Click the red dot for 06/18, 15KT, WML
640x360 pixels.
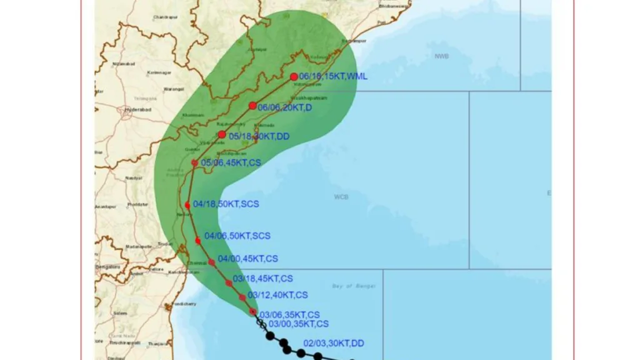point(294,77)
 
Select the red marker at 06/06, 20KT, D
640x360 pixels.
point(252,106)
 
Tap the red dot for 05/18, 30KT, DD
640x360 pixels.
point(222,134)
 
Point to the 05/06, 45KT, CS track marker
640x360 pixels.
point(194,163)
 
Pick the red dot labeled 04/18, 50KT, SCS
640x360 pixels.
point(187,205)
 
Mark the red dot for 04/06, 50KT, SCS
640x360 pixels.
point(197,241)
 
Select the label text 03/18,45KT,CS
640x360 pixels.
point(262,278)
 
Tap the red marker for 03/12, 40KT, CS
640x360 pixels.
point(242,297)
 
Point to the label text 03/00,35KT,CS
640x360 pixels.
point(298,324)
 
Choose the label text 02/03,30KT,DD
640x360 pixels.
point(334,343)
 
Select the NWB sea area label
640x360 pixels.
point(442,56)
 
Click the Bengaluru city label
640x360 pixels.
point(108,267)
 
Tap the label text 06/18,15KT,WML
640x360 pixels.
point(333,76)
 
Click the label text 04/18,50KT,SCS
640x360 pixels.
point(226,204)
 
